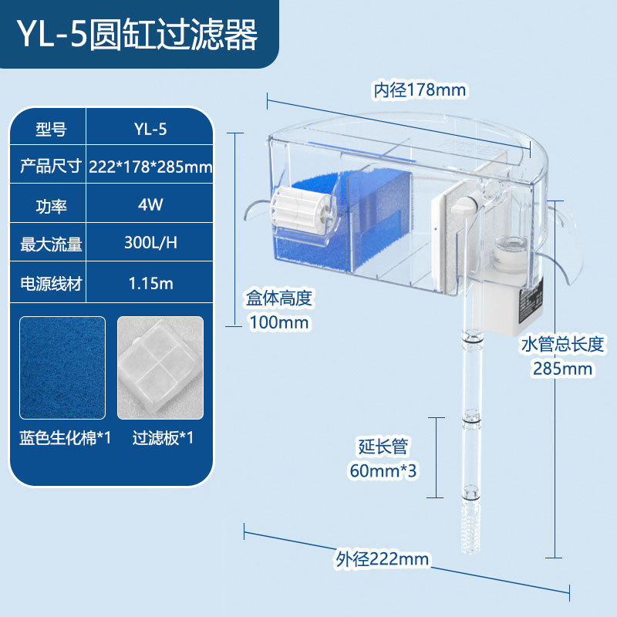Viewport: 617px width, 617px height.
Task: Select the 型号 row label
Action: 50,129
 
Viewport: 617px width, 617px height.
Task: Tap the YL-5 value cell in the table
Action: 150,129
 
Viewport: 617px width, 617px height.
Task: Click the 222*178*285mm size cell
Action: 150,167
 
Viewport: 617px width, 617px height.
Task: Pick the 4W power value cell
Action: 150,205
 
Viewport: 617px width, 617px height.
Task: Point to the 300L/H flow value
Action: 150,243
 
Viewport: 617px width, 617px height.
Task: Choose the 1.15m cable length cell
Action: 150,282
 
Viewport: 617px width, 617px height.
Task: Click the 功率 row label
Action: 50,205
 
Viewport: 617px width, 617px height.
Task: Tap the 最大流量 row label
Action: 50,244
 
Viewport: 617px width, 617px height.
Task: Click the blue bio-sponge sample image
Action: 63,367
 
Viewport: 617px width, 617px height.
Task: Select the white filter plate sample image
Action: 160,367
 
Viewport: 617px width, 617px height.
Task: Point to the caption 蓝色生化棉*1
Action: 66,439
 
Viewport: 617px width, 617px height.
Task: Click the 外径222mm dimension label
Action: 382,558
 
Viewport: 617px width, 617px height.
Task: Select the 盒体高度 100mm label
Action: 279,309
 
